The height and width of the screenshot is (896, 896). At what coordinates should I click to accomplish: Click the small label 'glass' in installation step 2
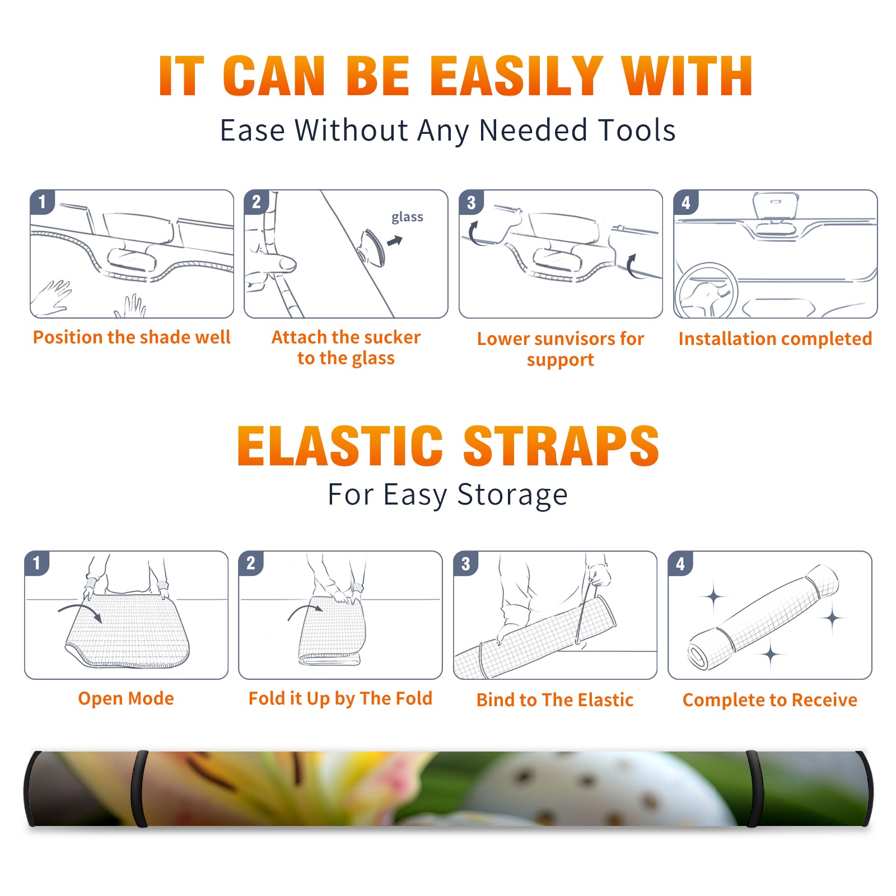point(407,217)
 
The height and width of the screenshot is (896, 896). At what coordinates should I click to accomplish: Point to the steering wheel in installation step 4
point(706,291)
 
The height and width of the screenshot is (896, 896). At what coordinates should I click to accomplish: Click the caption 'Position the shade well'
point(132,337)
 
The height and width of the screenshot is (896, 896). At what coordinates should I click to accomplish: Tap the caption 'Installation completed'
point(775,339)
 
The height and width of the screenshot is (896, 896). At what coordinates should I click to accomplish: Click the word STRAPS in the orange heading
point(561,446)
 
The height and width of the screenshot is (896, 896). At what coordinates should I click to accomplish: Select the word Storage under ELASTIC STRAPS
point(512,495)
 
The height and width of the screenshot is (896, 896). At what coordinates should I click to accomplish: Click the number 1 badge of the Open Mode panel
point(37,563)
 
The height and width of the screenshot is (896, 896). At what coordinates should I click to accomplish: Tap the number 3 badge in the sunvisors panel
point(471,202)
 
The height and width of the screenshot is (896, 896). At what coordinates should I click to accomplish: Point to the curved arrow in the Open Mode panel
point(80,612)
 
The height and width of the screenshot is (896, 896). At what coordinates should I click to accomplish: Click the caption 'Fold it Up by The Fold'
point(340,699)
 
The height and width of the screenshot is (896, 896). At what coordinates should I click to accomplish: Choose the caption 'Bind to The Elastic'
point(555,700)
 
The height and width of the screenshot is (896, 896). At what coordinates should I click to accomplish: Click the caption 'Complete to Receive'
point(770,700)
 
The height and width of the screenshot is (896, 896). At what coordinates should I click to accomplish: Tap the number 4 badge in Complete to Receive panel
point(680,563)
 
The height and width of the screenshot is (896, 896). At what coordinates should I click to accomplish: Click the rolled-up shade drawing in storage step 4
point(763,618)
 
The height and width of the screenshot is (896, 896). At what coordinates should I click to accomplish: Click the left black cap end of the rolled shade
point(31,789)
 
